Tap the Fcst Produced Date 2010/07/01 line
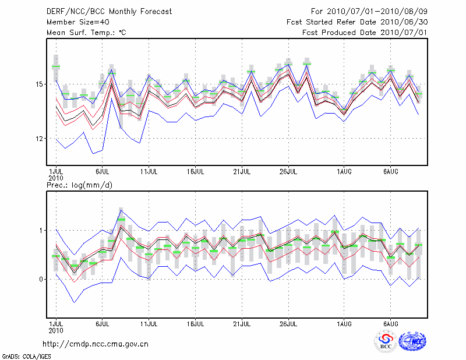365,33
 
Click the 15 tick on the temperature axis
40,84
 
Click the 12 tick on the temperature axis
40,139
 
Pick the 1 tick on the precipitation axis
42,231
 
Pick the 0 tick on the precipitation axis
42,280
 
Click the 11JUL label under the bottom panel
149,323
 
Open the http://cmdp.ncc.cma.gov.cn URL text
96,344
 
